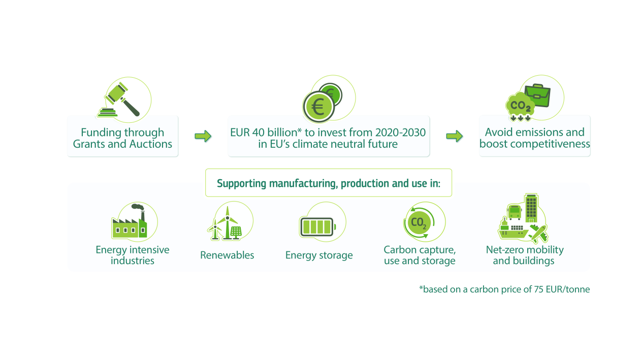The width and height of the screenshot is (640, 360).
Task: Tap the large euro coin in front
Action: tap(318, 107)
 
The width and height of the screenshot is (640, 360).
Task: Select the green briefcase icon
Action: tap(537, 95)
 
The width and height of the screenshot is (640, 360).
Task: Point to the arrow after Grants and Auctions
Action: tap(203, 136)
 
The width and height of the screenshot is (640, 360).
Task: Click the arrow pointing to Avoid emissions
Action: tap(454, 136)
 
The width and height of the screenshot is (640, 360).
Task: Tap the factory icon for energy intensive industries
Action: tap(129, 221)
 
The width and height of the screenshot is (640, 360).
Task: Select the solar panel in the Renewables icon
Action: tap(236, 233)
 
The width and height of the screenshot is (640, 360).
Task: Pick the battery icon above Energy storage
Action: tap(317, 227)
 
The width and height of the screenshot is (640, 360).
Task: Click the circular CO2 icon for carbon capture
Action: tap(419, 222)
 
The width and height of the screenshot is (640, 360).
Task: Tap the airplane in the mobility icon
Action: tap(538, 234)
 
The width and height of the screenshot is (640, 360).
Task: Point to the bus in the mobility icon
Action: tap(514, 212)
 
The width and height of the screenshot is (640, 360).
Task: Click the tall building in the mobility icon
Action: tap(531, 208)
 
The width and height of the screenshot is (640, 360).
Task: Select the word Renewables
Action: tap(227, 255)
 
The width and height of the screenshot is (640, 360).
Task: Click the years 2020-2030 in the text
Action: tap(400, 133)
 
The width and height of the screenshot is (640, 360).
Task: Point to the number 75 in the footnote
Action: tap(538, 289)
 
